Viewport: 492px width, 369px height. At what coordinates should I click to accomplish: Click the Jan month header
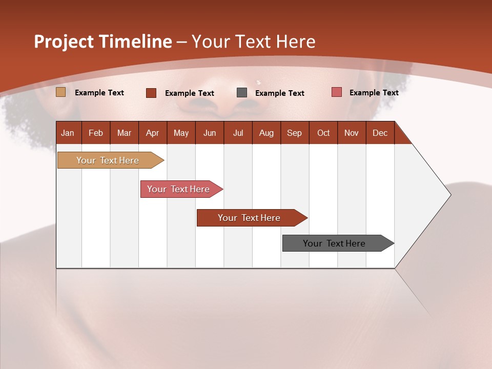[68, 133]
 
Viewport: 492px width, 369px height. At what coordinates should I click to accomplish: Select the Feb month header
[96, 133]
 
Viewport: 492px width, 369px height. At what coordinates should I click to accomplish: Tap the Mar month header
[124, 133]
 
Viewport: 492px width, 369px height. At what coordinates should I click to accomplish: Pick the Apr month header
[153, 133]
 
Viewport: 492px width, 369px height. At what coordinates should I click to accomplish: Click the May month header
[181, 133]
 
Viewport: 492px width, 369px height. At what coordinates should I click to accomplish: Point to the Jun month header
[210, 133]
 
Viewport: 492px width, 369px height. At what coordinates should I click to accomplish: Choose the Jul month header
[238, 133]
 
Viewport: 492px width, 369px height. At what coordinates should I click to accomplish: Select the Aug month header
[266, 133]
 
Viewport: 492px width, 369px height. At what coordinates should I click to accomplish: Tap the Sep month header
[295, 133]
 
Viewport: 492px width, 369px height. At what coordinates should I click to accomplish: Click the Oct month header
[323, 133]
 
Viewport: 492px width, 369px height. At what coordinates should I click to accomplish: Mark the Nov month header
[352, 133]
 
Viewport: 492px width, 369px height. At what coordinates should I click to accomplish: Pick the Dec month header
[380, 133]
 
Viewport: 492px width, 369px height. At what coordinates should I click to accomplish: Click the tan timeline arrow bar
[108, 160]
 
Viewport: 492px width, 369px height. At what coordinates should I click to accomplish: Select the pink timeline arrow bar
[179, 189]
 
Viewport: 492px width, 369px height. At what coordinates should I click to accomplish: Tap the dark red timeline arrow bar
[250, 218]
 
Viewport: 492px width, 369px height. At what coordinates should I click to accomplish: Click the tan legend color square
[61, 92]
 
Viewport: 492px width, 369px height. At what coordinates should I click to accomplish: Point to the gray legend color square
[242, 93]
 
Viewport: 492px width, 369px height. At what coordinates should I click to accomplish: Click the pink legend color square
[337, 92]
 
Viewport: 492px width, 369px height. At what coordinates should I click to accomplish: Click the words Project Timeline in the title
[103, 42]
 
